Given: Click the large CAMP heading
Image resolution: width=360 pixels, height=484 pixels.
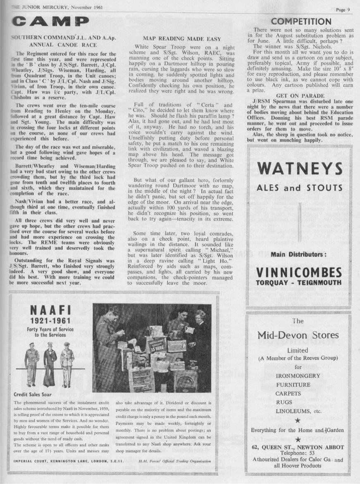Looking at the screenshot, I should point(50,21).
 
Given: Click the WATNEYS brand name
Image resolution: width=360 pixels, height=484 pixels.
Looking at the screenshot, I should point(300,168).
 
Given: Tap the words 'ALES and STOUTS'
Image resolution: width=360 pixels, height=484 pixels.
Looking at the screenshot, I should point(300,188).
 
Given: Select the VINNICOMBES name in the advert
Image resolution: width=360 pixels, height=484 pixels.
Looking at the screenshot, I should point(300,273).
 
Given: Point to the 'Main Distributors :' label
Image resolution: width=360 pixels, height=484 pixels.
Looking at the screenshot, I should point(299,254).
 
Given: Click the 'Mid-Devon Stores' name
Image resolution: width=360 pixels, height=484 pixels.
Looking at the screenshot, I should point(298,335).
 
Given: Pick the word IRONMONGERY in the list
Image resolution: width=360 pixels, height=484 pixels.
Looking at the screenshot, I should point(298,376).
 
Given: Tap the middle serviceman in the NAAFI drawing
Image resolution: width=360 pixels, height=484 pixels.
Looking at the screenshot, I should point(50,360).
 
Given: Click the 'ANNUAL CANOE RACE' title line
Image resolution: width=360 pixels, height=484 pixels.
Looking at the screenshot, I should point(63,45).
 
